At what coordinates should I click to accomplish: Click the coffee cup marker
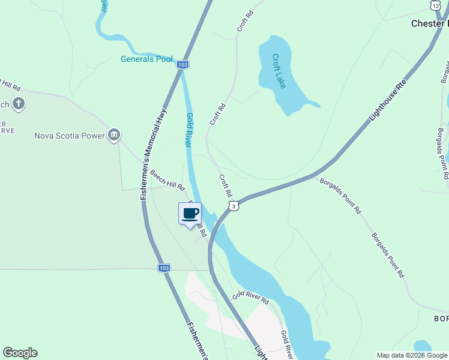pos(190,214)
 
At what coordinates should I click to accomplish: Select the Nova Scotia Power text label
pos(69,136)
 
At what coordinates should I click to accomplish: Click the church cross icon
pos(19,104)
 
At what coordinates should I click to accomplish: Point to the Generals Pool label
pos(146,59)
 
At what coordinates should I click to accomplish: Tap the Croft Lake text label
pos(279,71)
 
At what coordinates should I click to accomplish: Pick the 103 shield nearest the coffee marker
pos(164,268)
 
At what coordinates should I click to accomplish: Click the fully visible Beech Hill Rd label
pos(167,180)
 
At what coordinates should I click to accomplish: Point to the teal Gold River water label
pos(188,130)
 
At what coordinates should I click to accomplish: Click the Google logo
pos(20,353)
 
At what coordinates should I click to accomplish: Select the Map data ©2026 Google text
pos(412,355)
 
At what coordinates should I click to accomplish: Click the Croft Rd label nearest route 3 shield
pos(226,185)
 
